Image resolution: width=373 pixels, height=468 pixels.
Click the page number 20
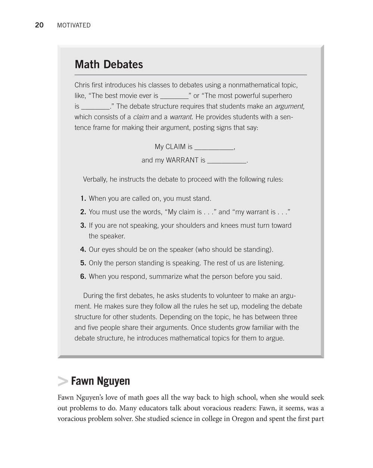pyautogui.click(x=39, y=25)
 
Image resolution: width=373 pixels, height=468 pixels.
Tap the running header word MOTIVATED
pyautogui.click(x=74, y=25)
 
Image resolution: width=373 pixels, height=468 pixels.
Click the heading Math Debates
pyautogui.click(x=109, y=64)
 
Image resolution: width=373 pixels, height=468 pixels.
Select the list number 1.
pyautogui.click(x=83, y=198)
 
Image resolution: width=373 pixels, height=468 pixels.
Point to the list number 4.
pyautogui.click(x=83, y=249)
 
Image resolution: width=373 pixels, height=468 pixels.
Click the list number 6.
pyautogui.click(x=83, y=277)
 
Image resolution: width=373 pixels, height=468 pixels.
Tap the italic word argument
pyautogui.click(x=289, y=106)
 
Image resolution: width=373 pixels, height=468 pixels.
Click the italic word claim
pyautogui.click(x=141, y=117)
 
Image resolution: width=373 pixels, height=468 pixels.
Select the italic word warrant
pyautogui.click(x=181, y=117)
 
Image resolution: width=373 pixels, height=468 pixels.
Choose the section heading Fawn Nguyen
pyautogui.click(x=100, y=381)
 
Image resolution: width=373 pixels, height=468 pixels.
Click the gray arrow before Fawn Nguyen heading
pyautogui.click(x=63, y=381)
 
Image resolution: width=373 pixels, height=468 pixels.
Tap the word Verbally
pyautogui.click(x=95, y=179)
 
